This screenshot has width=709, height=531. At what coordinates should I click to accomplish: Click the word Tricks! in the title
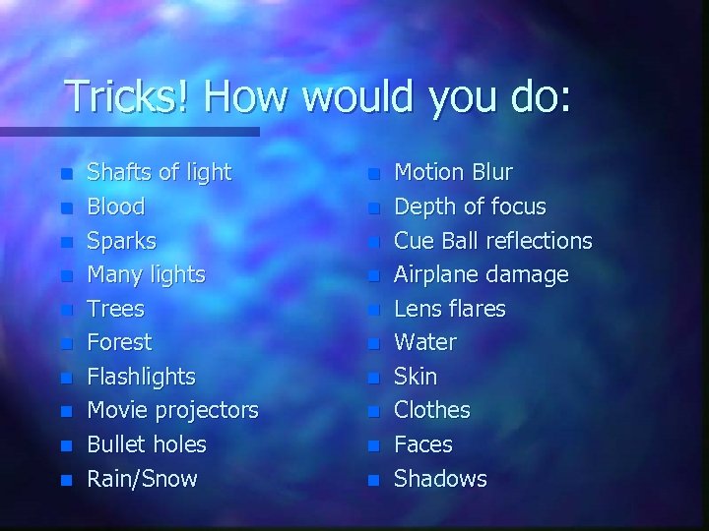pyautogui.click(x=120, y=97)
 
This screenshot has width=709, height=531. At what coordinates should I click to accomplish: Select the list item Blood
pyautogui.click(x=116, y=206)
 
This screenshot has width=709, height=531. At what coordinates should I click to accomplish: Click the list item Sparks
pyautogui.click(x=122, y=241)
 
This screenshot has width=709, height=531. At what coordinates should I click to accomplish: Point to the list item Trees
pyautogui.click(x=116, y=309)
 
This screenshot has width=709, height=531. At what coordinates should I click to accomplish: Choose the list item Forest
pyautogui.click(x=120, y=342)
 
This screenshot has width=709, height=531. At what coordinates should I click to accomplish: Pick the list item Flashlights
pyautogui.click(x=142, y=377)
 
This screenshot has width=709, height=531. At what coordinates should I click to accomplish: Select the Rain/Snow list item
pyautogui.click(x=143, y=479)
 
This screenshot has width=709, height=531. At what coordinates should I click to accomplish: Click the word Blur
pyautogui.click(x=492, y=173)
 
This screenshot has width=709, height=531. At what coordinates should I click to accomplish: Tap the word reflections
pyautogui.click(x=537, y=241)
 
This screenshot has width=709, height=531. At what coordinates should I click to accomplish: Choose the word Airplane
pyautogui.click(x=437, y=274)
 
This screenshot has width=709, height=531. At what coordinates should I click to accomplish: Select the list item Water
pyautogui.click(x=425, y=342)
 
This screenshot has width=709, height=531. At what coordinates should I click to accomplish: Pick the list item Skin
pyautogui.click(x=416, y=377)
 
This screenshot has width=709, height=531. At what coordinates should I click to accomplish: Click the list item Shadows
pyautogui.click(x=440, y=479)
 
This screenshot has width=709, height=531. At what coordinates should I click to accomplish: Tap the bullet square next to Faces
pyautogui.click(x=372, y=446)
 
